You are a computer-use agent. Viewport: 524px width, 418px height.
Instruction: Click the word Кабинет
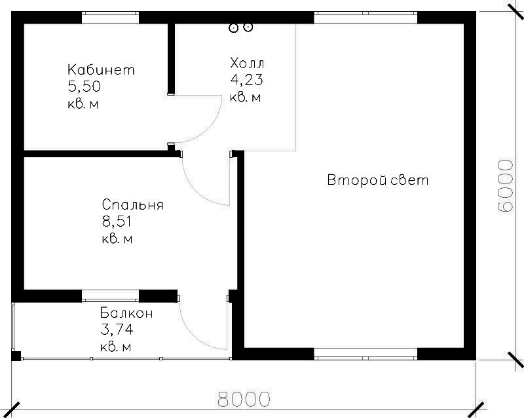coord(102,69)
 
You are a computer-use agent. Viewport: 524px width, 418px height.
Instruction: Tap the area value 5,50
coord(84,87)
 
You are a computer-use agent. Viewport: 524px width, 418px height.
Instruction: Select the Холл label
coord(247,63)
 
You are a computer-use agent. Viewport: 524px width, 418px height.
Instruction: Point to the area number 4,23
coord(246,79)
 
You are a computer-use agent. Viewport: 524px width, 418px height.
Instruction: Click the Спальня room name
coord(133,204)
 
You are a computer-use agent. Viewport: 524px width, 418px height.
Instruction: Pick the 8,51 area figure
coord(117,221)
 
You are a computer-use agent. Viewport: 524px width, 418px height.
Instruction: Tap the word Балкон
coord(126,313)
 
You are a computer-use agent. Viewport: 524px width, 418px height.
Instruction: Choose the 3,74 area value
coord(117,330)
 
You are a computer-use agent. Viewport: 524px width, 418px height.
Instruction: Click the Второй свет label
coord(378,180)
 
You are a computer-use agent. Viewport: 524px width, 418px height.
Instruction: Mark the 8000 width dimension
coord(244,398)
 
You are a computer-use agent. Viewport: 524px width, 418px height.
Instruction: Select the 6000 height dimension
coord(504,186)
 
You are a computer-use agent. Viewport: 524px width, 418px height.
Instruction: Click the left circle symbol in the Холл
coord(234,28)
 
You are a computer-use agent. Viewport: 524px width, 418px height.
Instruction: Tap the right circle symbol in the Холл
coord(248,28)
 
